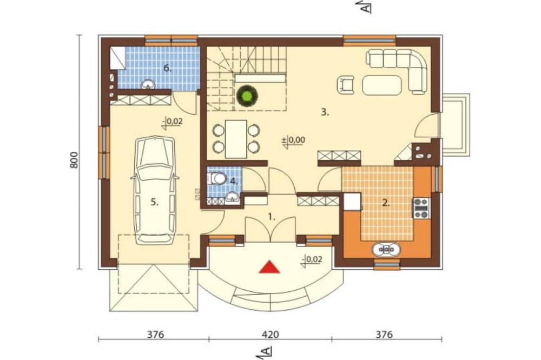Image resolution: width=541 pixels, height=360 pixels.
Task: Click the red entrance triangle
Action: (269, 267)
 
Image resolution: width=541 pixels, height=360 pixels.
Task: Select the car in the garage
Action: (155, 191)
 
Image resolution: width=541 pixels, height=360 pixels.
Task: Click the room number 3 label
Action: (325, 112)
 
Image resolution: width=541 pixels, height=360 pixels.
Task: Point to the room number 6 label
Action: (167, 68)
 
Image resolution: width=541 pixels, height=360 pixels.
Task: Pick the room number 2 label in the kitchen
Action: (386, 203)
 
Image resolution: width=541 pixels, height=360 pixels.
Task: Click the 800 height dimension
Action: (74, 160)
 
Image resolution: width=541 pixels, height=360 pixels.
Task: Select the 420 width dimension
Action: (270, 335)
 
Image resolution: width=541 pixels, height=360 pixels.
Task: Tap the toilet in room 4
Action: (216, 178)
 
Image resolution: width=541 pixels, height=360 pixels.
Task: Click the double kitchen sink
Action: (386, 249)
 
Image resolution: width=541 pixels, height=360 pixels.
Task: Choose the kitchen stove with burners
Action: (421, 208)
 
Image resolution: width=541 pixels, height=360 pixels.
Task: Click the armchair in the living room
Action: (346, 84)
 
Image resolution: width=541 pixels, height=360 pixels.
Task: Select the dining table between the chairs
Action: (236, 139)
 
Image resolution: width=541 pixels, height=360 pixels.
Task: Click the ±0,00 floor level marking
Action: (294, 141)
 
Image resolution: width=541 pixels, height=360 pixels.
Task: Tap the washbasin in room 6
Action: (148, 84)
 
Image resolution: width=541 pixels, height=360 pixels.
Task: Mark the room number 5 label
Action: (155, 203)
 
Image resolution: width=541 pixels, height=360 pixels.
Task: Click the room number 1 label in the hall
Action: (272, 217)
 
